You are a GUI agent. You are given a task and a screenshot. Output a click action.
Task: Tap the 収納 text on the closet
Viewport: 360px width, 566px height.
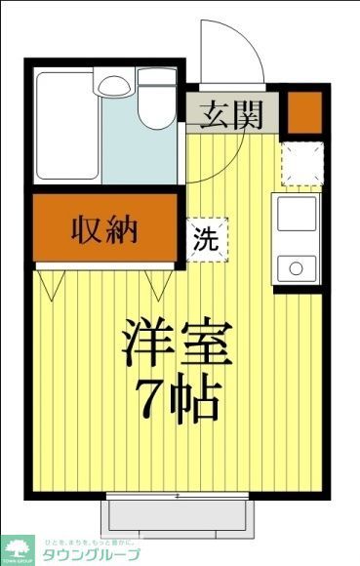pyautogui.click(x=104, y=231)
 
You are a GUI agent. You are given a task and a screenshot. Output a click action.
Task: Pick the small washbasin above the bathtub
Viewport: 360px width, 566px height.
pyautogui.click(x=113, y=86)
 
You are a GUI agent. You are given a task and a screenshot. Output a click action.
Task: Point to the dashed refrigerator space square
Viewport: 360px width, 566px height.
pyautogui.click(x=301, y=162)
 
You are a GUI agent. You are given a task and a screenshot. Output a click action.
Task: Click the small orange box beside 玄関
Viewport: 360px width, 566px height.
pyautogui.click(x=304, y=111)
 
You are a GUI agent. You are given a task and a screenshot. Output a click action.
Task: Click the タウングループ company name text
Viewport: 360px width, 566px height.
pyautogui.click(x=90, y=555)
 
